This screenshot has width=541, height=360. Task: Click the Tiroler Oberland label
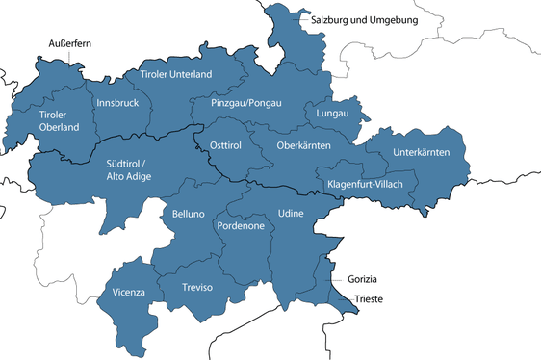point(59,120)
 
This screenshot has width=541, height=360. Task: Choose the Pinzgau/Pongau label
point(245,101)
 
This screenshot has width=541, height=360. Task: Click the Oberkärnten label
point(303,145)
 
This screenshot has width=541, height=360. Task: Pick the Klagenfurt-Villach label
point(366,183)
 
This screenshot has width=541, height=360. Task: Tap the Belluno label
point(189,215)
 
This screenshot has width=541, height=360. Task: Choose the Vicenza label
point(129,292)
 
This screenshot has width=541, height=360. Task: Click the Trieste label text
point(369,299)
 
